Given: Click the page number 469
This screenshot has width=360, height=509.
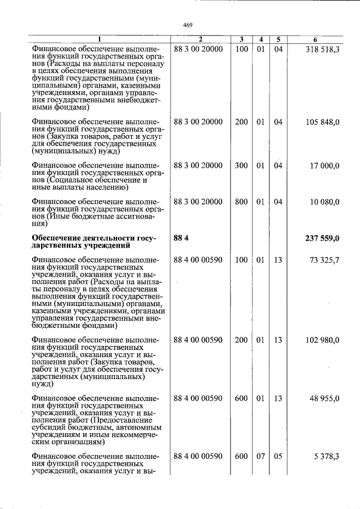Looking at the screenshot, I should tap(188, 25).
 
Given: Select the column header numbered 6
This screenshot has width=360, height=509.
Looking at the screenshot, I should tap(316, 39).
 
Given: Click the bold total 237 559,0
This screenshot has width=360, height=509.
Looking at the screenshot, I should tap(322, 238).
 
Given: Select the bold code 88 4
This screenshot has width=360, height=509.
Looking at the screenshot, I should tap(181, 238).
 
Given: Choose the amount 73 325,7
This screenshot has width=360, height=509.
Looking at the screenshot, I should tap(325, 260).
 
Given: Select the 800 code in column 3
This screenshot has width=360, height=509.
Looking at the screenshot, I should tap(241, 202).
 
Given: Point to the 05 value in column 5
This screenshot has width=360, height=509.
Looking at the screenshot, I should tap(278, 456).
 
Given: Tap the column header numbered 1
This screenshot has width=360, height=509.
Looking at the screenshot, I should tap(100, 39).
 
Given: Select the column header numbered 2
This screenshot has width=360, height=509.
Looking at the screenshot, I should tap(200, 39).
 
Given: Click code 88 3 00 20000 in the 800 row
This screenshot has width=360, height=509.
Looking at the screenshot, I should tap(199, 202).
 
